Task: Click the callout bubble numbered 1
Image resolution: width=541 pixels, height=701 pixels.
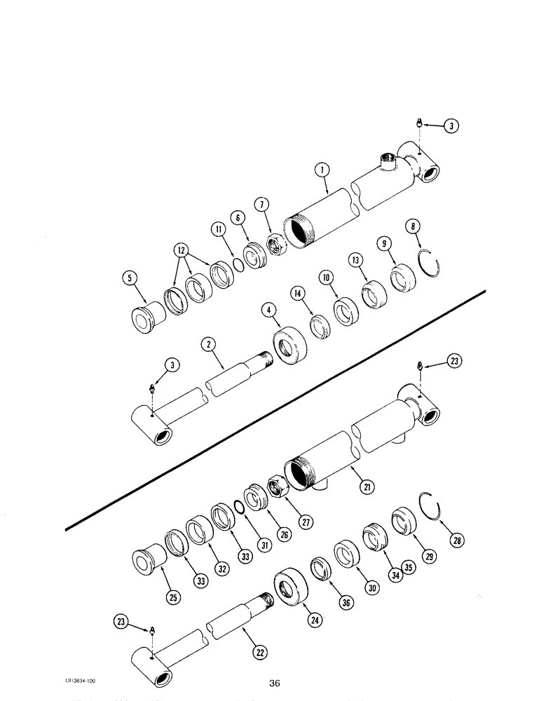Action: click(322, 169)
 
